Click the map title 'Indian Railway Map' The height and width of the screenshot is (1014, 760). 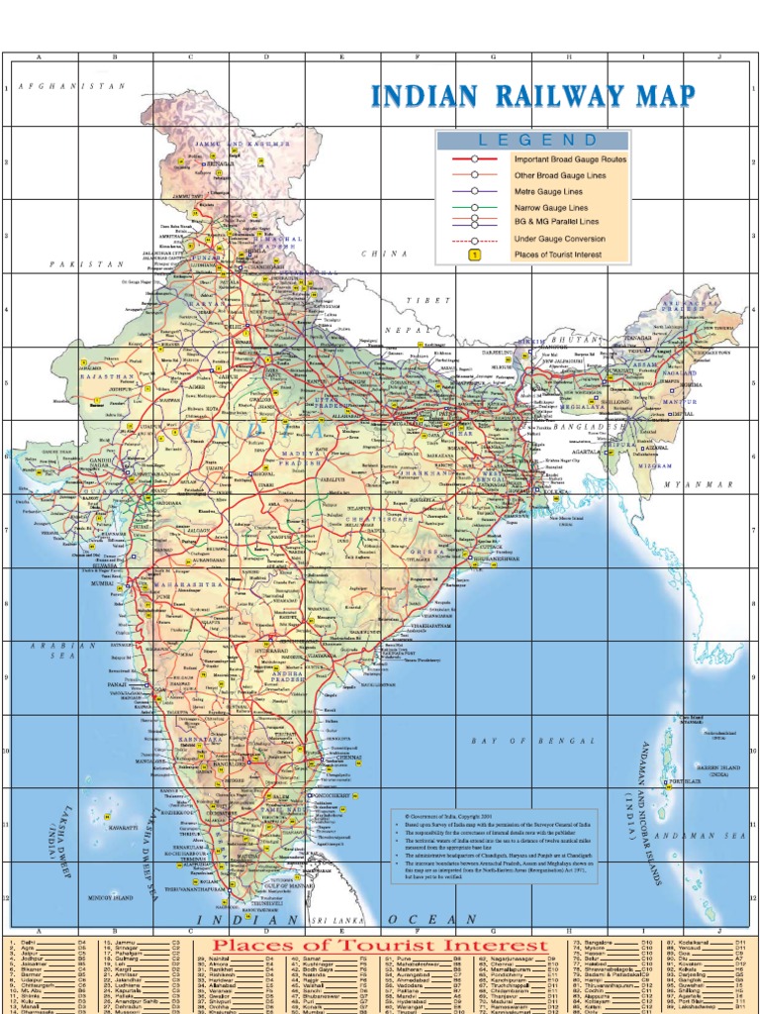(x=532, y=97)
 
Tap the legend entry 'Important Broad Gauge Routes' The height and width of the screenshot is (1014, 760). (x=569, y=158)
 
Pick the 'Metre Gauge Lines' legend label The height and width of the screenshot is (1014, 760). (x=548, y=191)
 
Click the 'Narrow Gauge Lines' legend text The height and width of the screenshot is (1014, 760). (x=550, y=208)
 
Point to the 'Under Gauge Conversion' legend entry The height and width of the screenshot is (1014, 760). (x=559, y=239)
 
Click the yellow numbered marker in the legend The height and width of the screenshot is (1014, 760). (x=474, y=254)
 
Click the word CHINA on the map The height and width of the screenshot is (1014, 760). (x=385, y=254)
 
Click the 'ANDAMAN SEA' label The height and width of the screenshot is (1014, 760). (x=708, y=837)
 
